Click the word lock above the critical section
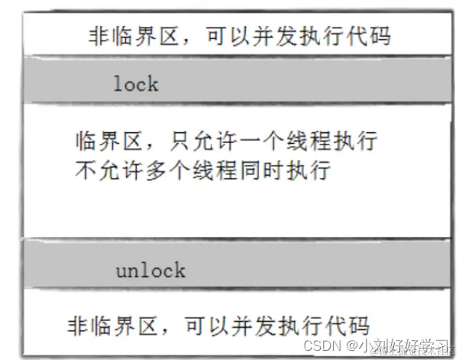coord(135,83)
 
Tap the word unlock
coord(150,270)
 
